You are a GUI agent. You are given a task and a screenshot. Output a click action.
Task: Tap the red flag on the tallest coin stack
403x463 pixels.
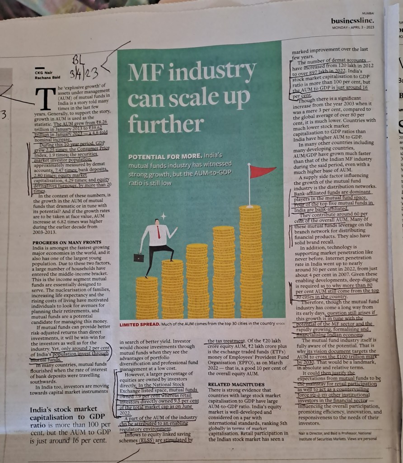[x=262, y=171]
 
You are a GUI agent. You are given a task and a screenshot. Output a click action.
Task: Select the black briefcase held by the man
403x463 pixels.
[x=139, y=257]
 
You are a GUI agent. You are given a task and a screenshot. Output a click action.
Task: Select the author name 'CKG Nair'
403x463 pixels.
[x=44, y=71]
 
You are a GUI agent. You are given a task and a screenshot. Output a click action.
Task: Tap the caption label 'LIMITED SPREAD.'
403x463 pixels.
[x=139, y=324]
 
